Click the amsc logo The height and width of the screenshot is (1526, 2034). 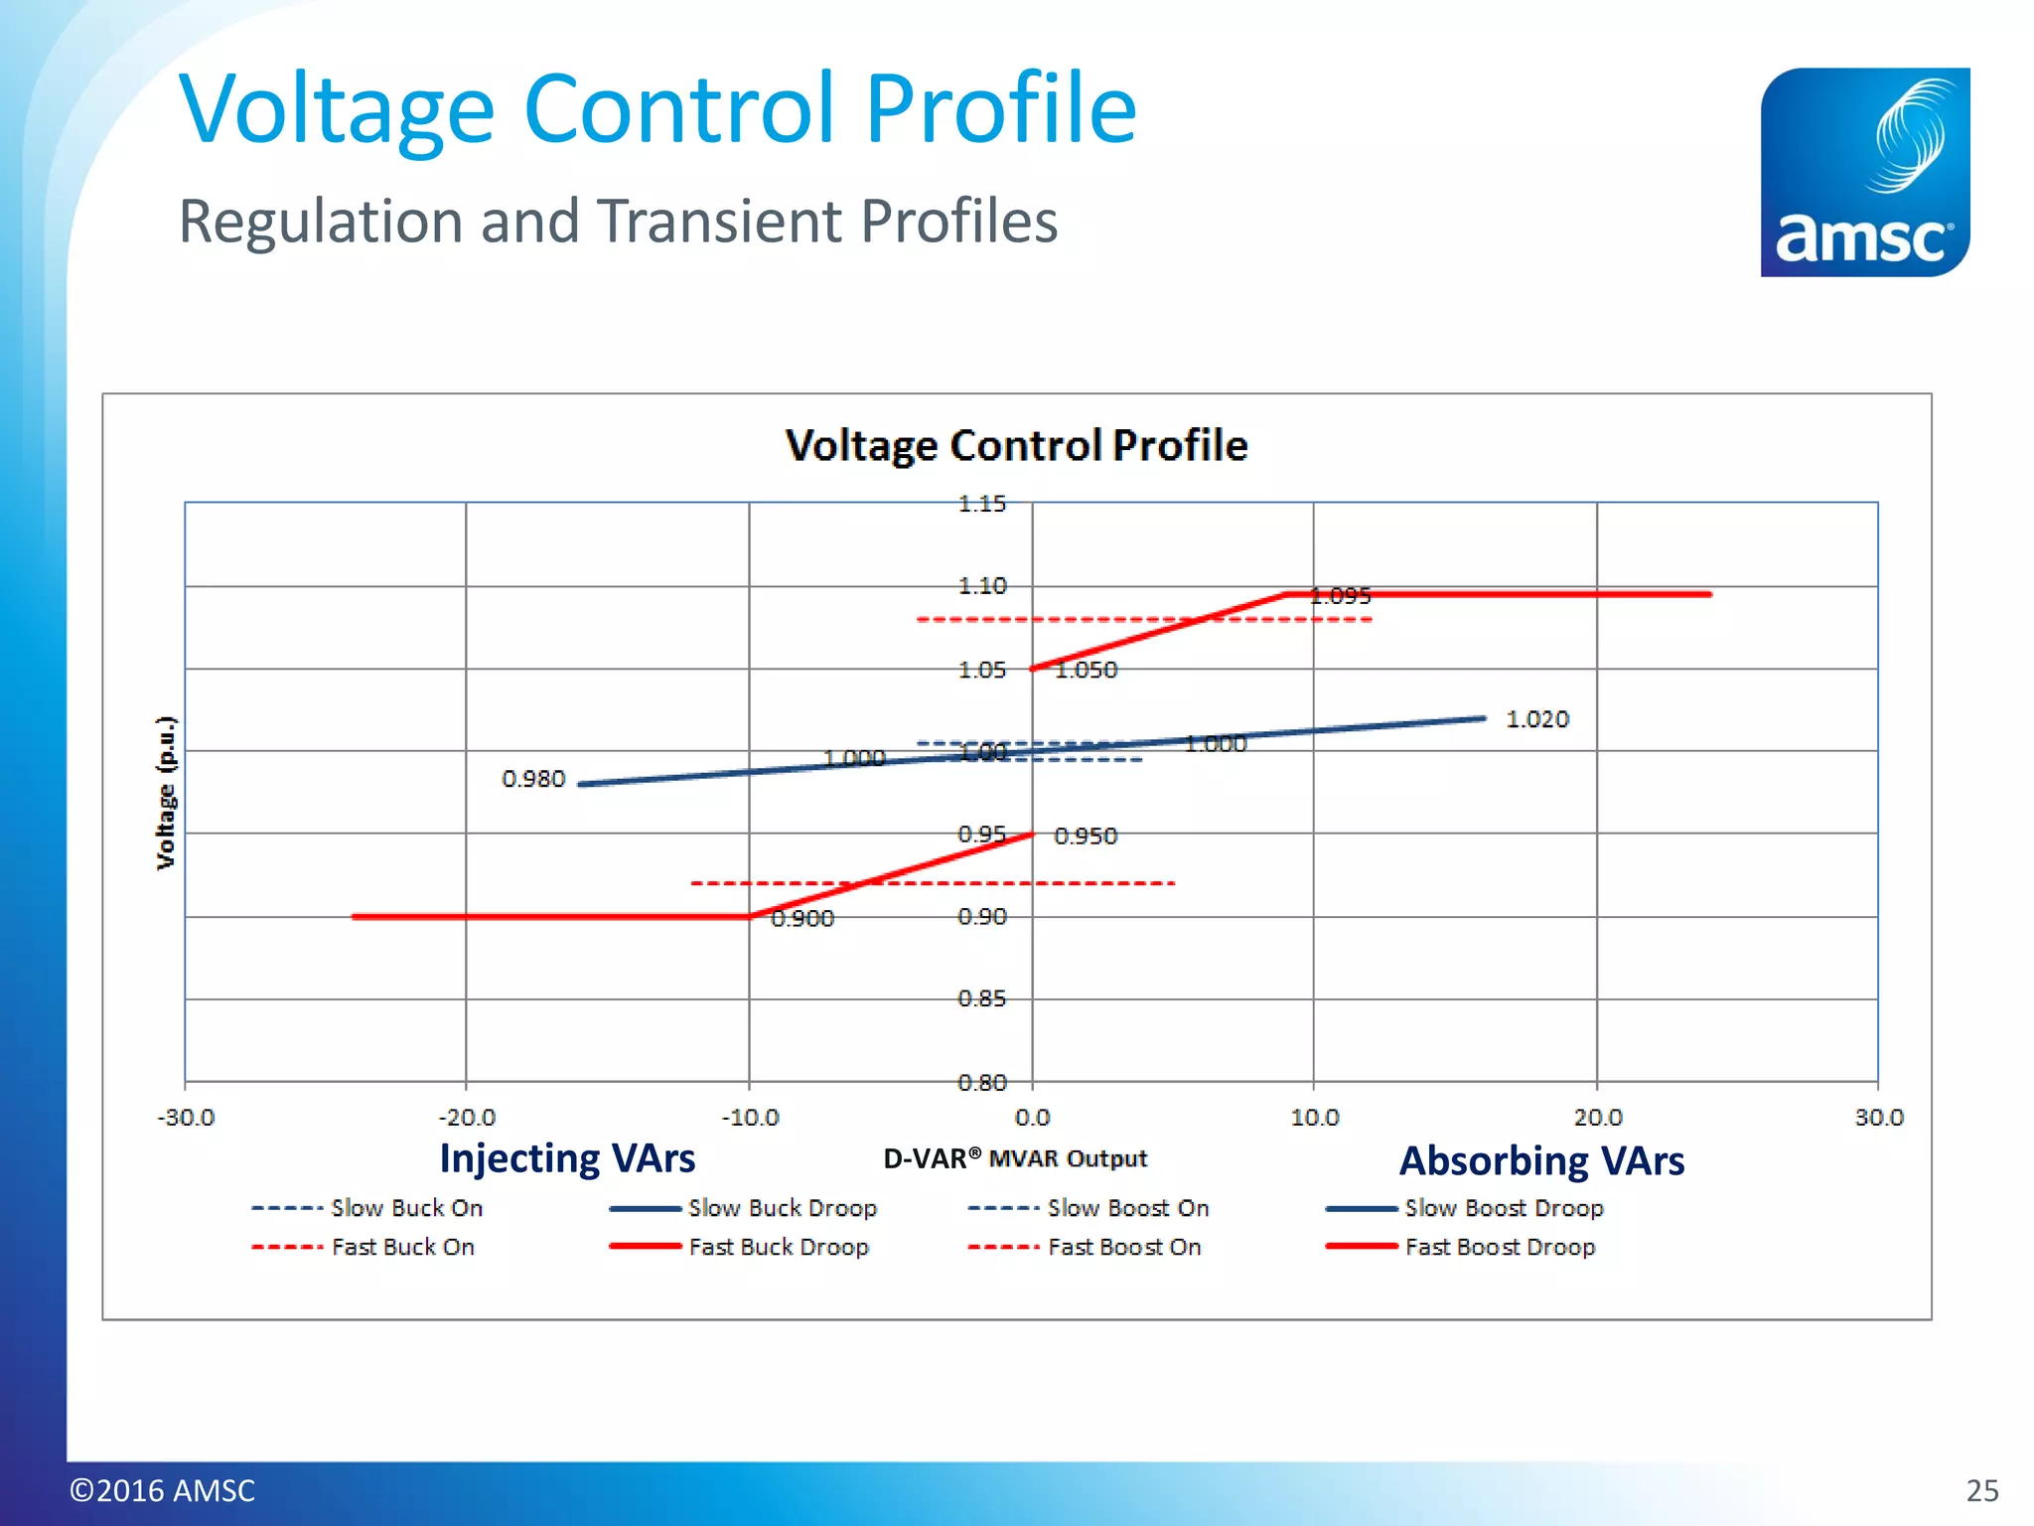pos(1864,172)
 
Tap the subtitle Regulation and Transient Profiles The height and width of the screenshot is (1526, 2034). pos(617,221)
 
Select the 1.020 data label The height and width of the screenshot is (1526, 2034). pos(1536,719)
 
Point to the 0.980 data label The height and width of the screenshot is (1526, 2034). pos(533,779)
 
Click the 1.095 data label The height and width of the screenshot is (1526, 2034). pos(1340,596)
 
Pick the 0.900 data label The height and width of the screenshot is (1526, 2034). pos(802,919)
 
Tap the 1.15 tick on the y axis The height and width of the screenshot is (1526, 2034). pos(981,505)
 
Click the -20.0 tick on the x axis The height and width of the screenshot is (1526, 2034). pos(467,1118)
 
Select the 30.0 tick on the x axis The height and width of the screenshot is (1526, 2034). pos(1878,1118)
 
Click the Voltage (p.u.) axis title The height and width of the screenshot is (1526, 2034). pos(166,793)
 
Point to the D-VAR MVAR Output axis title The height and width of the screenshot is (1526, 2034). pos(1014,1159)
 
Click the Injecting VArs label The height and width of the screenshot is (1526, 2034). pos(567,1158)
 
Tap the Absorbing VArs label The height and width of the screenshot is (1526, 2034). pos(1541,1160)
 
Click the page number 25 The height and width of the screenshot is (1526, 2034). pos(1981,1490)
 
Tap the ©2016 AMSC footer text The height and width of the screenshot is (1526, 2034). pos(162,1490)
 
